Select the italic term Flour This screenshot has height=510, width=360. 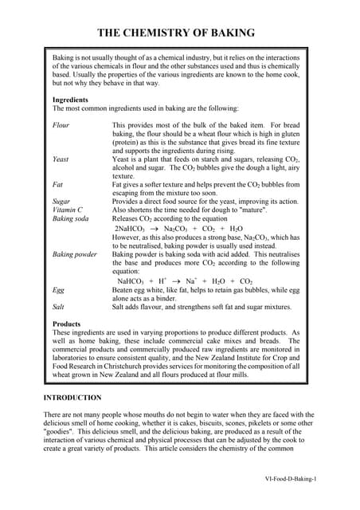(61, 125)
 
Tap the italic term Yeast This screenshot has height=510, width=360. (61, 159)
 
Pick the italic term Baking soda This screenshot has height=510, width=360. (70, 219)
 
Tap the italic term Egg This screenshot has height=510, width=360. (58, 288)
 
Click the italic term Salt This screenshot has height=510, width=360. (58, 306)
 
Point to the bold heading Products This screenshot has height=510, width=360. (67, 324)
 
